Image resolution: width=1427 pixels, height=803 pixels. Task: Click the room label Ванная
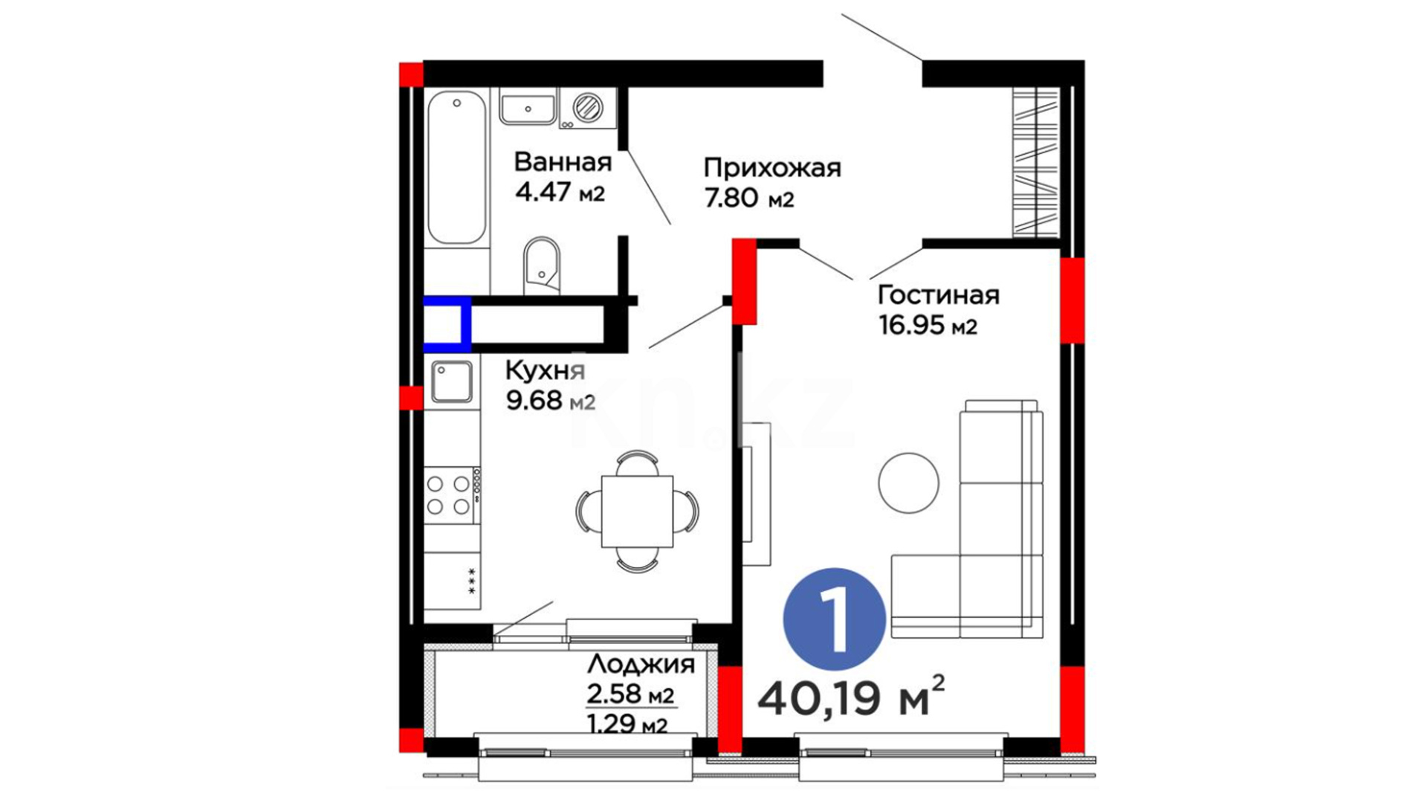[563, 161]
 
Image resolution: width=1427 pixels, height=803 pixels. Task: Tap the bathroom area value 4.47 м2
[560, 193]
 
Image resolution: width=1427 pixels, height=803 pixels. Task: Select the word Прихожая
[772, 167]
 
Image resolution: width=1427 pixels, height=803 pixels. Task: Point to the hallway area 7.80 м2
[749, 199]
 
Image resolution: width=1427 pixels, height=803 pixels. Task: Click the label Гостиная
[939, 294]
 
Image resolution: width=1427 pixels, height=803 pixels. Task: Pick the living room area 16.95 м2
[928, 325]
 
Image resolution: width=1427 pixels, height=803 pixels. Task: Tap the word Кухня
[546, 370]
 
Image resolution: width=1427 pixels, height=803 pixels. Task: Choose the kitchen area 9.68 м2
[551, 401]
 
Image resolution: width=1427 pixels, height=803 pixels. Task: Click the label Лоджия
[641, 664]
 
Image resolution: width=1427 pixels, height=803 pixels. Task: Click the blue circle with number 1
[835, 619]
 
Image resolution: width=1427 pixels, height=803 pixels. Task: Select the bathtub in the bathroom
[457, 167]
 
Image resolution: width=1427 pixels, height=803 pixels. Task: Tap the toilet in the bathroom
[542, 266]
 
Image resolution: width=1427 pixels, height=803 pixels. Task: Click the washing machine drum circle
[588, 107]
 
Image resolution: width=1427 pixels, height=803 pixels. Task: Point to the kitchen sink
[452, 382]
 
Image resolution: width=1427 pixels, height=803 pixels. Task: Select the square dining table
[637, 512]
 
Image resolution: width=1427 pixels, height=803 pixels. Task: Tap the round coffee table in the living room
[908, 483]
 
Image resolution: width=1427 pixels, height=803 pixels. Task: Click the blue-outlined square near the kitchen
[447, 323]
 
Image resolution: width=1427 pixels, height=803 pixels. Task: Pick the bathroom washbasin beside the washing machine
[528, 109]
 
